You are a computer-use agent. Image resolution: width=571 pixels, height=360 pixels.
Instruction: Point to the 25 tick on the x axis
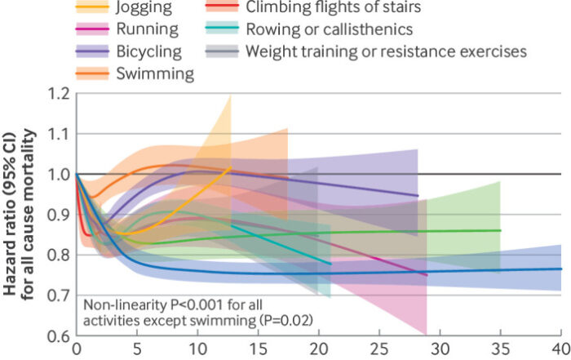point(379,348)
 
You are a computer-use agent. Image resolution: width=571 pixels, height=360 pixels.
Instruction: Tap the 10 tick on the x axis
point(197,348)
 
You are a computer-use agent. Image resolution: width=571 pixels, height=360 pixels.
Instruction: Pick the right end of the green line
point(500,230)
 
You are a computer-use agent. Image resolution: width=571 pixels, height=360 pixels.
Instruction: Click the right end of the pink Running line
point(427,275)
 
